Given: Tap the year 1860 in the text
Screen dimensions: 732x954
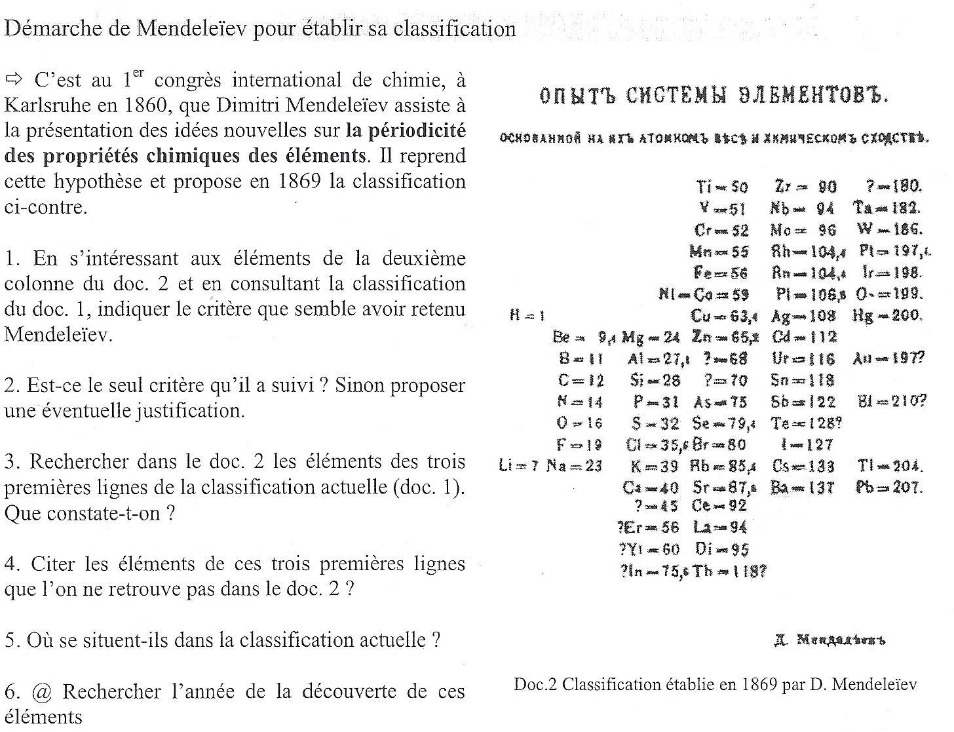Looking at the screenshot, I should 144,106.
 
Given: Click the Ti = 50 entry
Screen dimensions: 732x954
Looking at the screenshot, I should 721,187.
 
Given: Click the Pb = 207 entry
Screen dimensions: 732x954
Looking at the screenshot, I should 888,488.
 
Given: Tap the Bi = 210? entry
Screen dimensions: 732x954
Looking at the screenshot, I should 891,401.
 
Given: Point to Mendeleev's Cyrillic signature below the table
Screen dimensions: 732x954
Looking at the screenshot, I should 830,640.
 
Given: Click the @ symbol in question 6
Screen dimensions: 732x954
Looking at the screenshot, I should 41,691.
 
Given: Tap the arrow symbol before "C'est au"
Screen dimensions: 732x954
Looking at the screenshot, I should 13,81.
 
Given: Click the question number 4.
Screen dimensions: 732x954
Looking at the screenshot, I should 9,564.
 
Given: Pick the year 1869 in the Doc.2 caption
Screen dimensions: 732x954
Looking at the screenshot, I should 760,685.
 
